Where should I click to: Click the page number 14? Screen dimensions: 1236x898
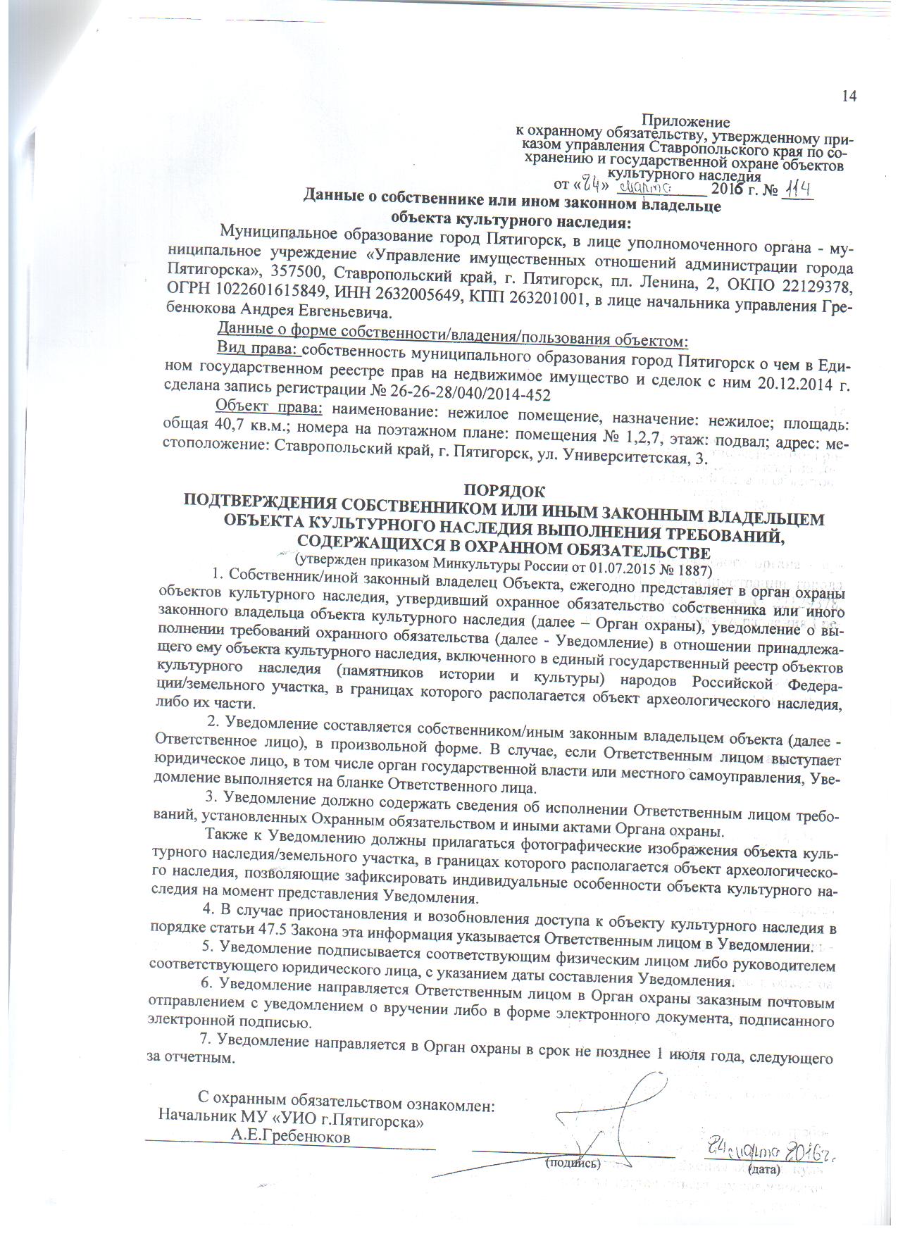coord(849,96)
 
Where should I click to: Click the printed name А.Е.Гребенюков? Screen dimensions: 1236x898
coord(292,1137)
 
